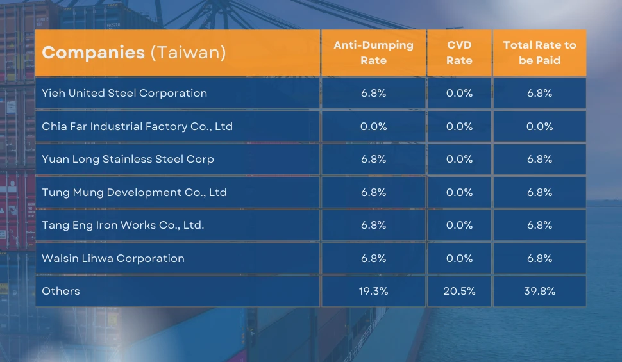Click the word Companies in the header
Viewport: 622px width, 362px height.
pos(94,53)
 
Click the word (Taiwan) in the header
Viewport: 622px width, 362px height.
pos(188,53)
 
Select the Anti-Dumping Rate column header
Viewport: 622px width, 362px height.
pos(373,53)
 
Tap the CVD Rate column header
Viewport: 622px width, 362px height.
pos(459,53)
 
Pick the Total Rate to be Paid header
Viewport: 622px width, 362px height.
pos(539,53)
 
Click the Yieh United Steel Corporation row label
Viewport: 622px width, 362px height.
pos(124,93)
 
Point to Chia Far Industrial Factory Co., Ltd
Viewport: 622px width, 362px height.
pos(137,126)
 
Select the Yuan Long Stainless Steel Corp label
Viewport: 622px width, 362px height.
pos(128,159)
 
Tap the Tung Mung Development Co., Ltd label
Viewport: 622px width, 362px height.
pos(134,192)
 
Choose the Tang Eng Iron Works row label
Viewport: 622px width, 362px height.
pos(122,225)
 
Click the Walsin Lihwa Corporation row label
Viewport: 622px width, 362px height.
pos(113,258)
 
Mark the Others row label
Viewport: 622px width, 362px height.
pos(61,291)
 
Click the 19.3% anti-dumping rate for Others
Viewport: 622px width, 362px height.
pos(373,291)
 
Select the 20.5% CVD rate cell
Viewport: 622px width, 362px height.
pos(459,291)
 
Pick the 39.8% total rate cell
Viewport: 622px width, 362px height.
pos(539,291)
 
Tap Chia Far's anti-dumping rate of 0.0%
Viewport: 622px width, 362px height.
pos(373,126)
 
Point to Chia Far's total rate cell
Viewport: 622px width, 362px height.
pos(539,126)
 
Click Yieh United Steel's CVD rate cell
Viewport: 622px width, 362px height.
pos(459,93)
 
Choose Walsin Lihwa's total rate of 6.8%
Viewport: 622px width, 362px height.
pos(539,258)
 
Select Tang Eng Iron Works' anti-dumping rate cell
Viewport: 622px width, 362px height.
pos(373,225)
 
